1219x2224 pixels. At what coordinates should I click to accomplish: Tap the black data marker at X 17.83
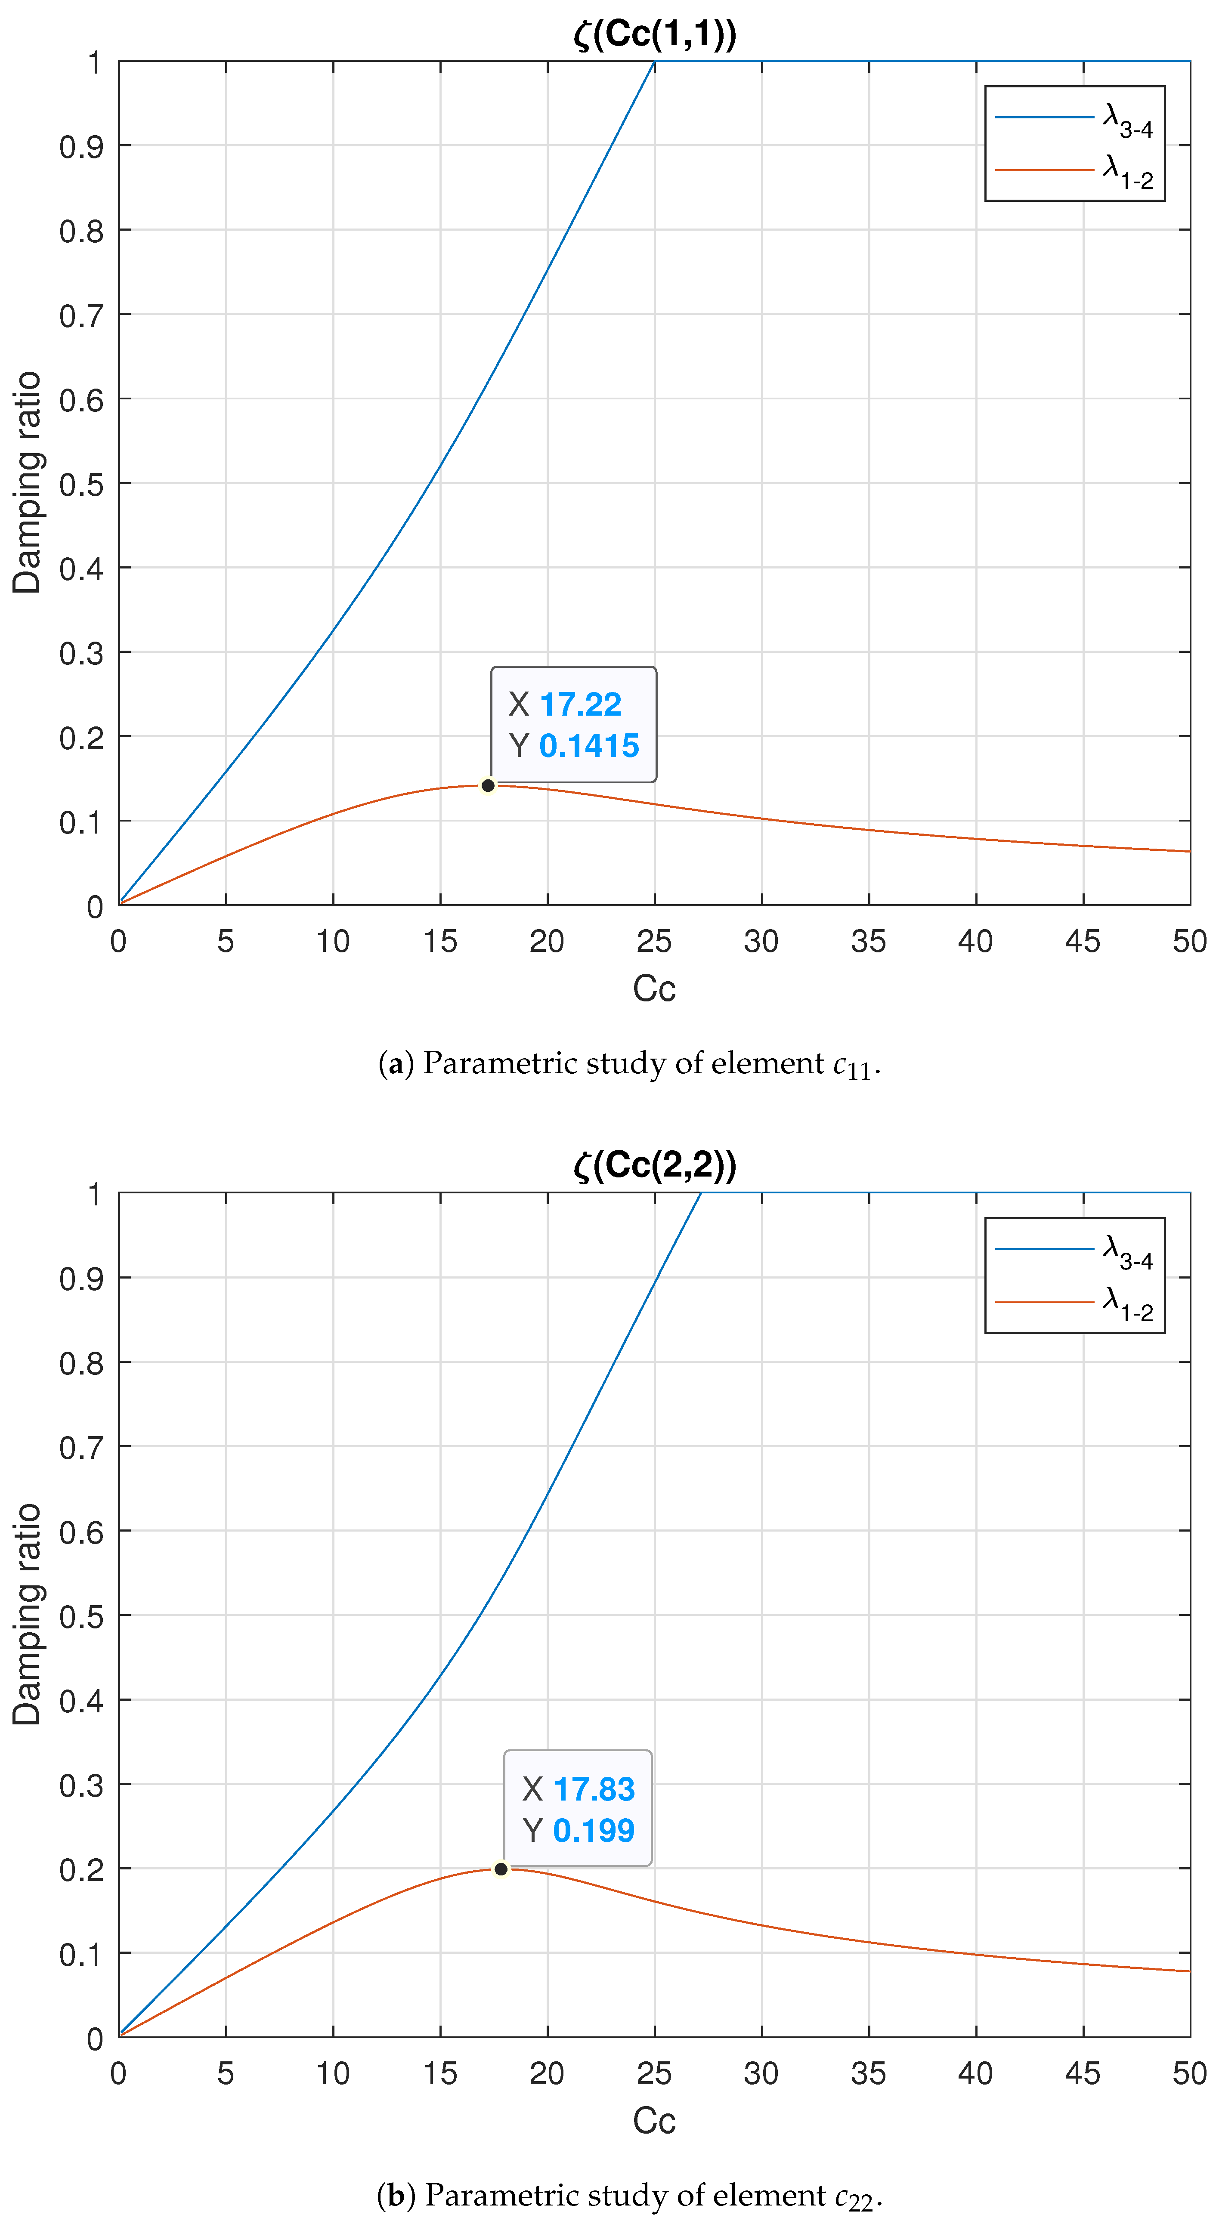[x=501, y=1869]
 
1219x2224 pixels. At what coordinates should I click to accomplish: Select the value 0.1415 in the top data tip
[x=589, y=746]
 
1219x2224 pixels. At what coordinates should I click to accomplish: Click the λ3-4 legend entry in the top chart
[x=1075, y=118]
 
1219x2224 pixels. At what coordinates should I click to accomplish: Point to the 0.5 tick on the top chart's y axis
[x=81, y=484]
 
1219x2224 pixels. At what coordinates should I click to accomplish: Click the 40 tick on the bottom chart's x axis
[x=975, y=2074]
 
